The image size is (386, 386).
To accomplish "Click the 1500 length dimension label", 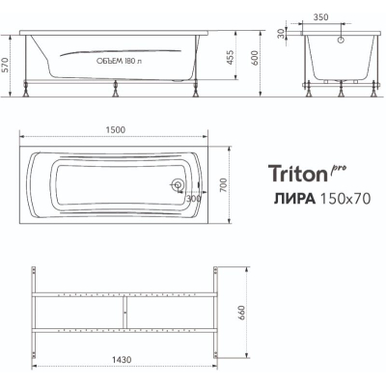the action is click(116, 129).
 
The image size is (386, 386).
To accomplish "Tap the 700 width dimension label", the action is click(224, 185).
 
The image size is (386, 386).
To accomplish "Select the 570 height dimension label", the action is click(5, 66).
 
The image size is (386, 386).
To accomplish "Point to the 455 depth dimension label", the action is click(231, 57).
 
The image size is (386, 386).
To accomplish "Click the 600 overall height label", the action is click(255, 58).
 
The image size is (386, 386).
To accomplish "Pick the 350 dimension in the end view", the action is click(320, 17).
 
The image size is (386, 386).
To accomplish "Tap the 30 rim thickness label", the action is click(281, 33).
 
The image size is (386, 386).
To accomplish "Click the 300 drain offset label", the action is click(194, 199).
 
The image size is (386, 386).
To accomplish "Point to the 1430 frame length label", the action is click(122, 359).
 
